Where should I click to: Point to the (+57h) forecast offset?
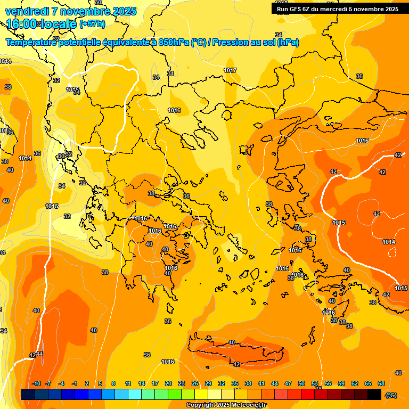click(92, 24)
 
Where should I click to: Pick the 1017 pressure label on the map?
click(230, 71)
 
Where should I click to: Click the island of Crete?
click(240, 353)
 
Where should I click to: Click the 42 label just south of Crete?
click(236, 364)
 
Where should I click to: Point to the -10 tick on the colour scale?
click(36, 383)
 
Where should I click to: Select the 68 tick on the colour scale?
click(381, 383)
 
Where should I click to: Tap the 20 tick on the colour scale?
click(168, 383)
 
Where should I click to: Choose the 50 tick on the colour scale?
click(301, 383)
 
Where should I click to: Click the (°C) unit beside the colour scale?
click(391, 395)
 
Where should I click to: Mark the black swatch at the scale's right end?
click(374, 394)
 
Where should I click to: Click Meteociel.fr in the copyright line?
click(248, 405)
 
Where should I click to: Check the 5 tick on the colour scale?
click(100, 383)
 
